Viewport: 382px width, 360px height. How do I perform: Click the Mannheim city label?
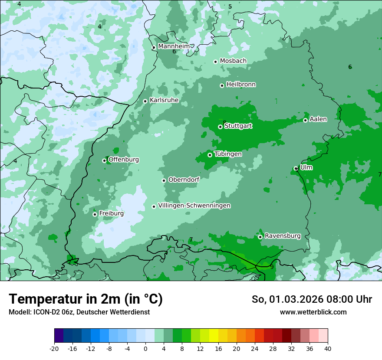(174, 46)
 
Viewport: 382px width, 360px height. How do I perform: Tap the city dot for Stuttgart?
(220, 127)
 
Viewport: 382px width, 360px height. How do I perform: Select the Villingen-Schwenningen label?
(194, 206)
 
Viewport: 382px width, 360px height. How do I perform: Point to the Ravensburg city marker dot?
(260, 237)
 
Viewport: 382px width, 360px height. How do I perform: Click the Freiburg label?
(111, 213)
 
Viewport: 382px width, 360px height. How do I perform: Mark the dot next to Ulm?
(296, 168)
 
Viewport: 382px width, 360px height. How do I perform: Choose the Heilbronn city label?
(241, 85)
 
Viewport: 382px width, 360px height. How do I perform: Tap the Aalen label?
(318, 119)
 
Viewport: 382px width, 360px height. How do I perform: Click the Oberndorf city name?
(184, 180)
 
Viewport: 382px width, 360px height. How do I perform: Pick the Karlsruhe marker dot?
(145, 101)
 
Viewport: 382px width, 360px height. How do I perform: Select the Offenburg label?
(124, 160)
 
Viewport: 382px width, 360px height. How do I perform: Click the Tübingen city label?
(228, 154)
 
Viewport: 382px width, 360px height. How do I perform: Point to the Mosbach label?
(233, 61)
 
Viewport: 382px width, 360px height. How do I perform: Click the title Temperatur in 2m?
(86, 299)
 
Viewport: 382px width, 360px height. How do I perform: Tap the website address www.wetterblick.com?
(313, 312)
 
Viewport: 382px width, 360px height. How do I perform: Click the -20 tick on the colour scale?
(54, 348)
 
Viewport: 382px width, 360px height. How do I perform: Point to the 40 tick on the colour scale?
(327, 348)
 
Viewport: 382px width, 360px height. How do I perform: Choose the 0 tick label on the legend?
(145, 348)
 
